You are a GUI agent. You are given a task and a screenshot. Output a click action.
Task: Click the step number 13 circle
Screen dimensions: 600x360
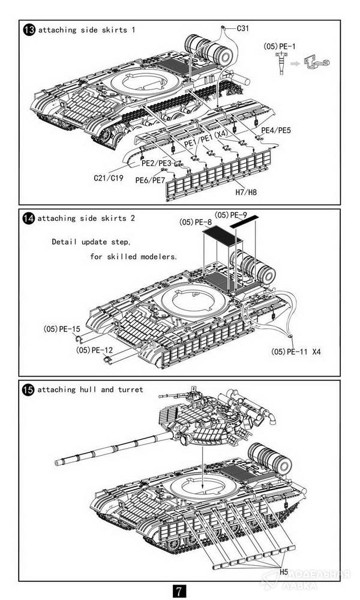pos(28,30)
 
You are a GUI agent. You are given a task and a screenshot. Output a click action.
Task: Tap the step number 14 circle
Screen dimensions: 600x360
pos(28,218)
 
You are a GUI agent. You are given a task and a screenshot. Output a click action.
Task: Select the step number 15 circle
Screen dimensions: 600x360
pos(28,390)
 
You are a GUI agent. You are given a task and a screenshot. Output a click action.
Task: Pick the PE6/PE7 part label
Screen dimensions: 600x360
pos(150,180)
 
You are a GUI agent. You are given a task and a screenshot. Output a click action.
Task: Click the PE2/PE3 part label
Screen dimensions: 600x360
pos(156,163)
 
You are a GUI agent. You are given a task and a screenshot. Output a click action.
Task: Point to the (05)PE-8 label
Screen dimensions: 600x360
pos(195,223)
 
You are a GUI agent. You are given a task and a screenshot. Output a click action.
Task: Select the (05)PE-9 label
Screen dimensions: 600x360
pos(231,215)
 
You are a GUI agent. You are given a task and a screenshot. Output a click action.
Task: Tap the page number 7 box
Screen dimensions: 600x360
pos(180,590)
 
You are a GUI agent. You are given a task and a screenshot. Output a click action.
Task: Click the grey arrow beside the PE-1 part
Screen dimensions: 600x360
pos(295,62)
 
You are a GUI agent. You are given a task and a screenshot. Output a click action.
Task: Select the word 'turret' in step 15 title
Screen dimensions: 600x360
pos(130,390)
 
